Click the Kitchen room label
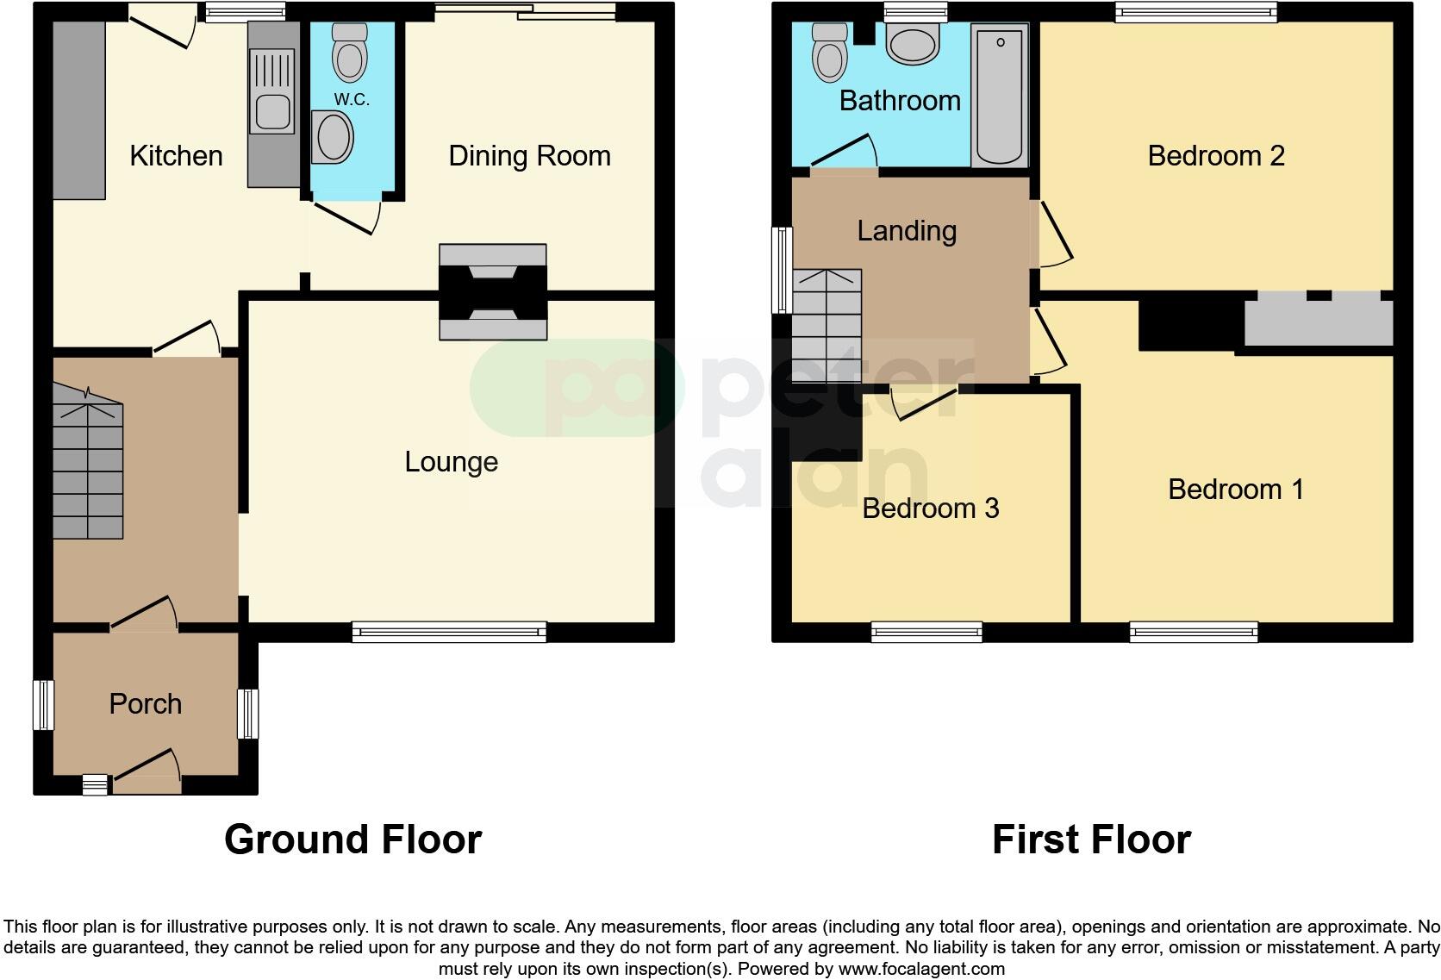tap(176, 156)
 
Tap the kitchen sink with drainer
tap(271, 90)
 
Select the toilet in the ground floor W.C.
tap(349, 53)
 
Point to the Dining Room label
tap(529, 156)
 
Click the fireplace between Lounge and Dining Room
tap(493, 292)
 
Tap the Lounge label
tap(451, 462)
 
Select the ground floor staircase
tap(88, 465)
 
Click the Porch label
tap(145, 704)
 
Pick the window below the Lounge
tap(449, 633)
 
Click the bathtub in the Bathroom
tap(1000, 95)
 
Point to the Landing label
tap(907, 231)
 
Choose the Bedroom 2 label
tap(1215, 156)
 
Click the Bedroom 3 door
tap(924, 403)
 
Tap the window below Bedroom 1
tap(1194, 633)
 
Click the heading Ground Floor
tap(352, 840)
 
